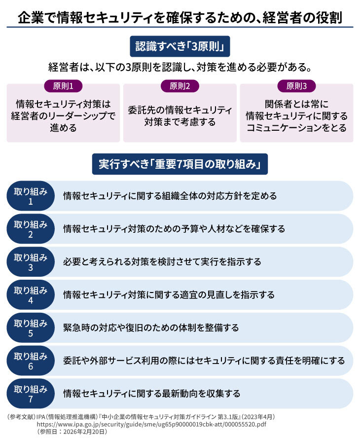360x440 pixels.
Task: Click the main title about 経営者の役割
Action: click(x=180, y=17)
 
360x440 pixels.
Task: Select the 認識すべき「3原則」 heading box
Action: click(x=180, y=46)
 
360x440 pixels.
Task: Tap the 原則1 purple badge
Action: click(x=63, y=86)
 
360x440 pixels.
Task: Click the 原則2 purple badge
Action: click(x=180, y=86)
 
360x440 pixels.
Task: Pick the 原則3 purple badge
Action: click(x=296, y=86)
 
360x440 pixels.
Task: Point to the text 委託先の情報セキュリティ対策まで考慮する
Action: click(x=180, y=116)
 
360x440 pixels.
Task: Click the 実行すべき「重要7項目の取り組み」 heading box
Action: click(x=180, y=164)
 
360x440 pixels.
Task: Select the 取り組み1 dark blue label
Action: click(x=31, y=196)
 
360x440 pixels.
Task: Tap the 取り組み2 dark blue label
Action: click(x=31, y=229)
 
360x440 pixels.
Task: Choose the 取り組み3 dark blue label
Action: click(x=31, y=262)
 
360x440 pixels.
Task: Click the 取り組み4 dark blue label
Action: click(x=31, y=294)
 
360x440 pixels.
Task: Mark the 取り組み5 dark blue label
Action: click(x=31, y=328)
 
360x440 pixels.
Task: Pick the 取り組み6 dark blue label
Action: click(x=31, y=361)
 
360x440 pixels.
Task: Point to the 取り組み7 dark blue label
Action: click(x=31, y=394)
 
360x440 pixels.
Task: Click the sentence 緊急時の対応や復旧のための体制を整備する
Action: click(x=151, y=328)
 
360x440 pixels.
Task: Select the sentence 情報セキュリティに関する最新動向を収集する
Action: click(x=152, y=394)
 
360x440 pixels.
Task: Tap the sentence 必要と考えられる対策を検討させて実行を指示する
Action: click(x=162, y=262)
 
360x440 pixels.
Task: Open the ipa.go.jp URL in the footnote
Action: click(x=151, y=424)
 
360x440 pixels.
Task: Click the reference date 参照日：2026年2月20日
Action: click(x=72, y=432)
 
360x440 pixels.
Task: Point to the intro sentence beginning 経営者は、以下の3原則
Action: click(x=180, y=68)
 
